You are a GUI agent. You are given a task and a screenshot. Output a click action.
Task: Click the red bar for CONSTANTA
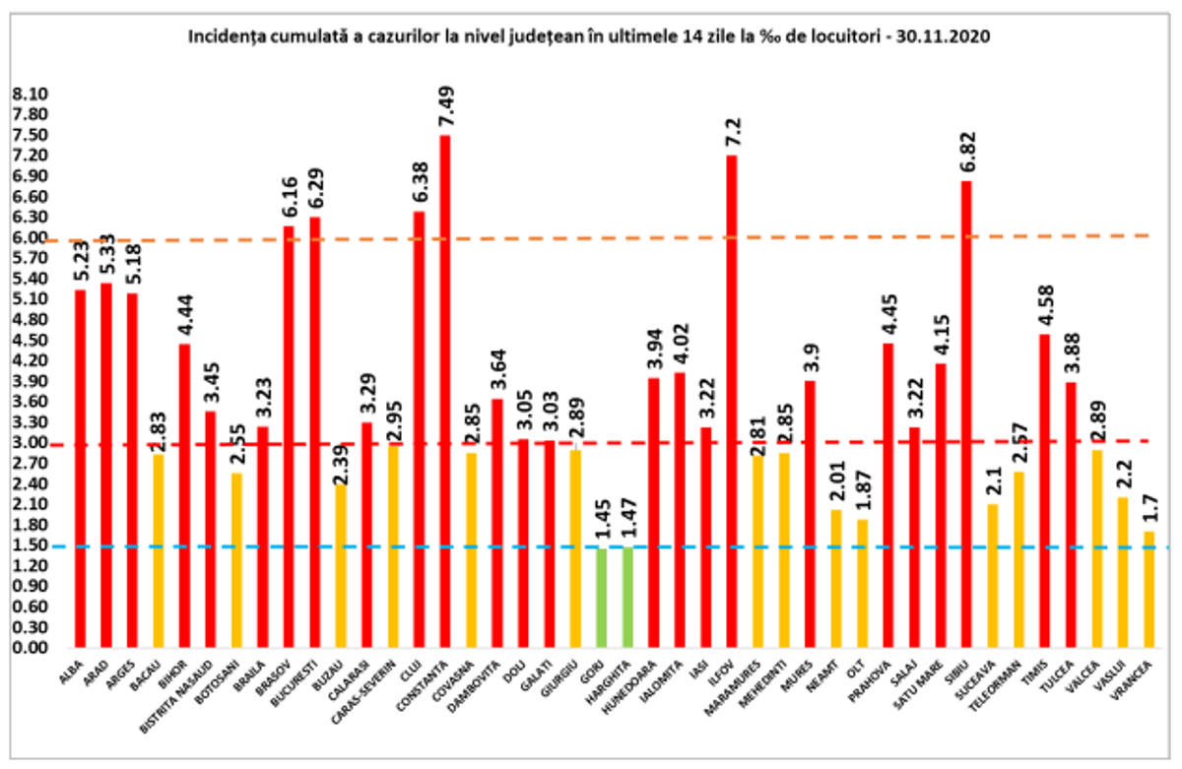[x=444, y=394]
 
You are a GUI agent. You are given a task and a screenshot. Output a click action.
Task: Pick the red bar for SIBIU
[x=967, y=414]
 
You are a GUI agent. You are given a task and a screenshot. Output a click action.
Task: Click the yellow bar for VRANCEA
[x=1149, y=591]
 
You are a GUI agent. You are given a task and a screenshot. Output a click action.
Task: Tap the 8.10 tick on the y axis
[x=31, y=95]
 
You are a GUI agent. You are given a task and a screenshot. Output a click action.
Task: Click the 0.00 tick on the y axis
[x=31, y=649]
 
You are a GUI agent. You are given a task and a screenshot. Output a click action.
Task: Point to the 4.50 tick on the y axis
[x=31, y=341]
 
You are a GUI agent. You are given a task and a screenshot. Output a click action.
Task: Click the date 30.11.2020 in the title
[x=946, y=37]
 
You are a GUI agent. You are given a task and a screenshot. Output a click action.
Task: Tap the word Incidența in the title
[x=221, y=37]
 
